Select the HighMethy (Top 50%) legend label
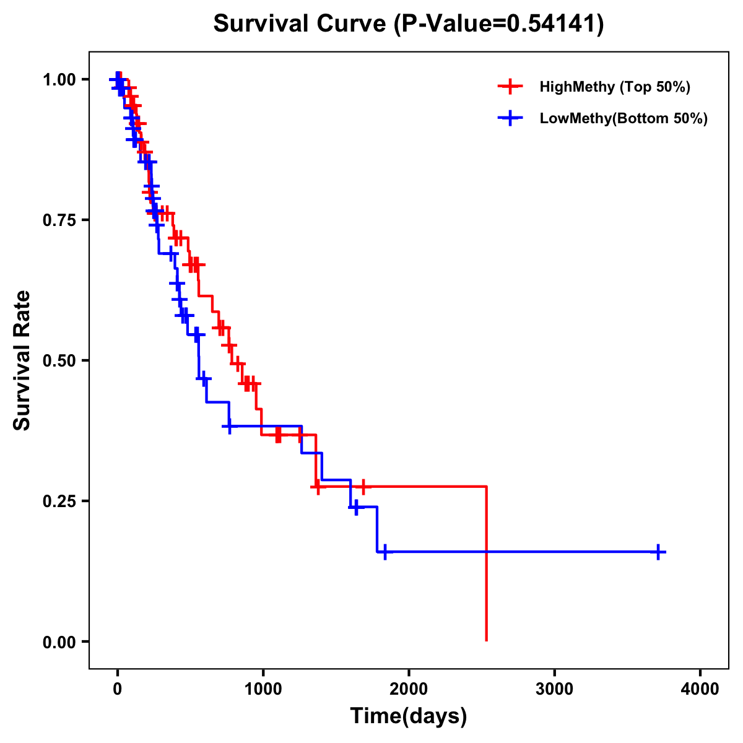(x=614, y=87)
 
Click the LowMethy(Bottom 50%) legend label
(x=624, y=118)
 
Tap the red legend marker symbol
(x=509, y=87)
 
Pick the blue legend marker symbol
(x=509, y=118)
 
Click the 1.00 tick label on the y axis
(x=59, y=80)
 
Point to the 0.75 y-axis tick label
(x=59, y=220)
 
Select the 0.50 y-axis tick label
(x=59, y=361)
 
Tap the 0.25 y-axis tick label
(x=59, y=502)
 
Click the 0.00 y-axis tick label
(x=59, y=642)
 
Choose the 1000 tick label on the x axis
(x=263, y=689)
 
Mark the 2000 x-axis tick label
(x=409, y=689)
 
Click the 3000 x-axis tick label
(x=554, y=689)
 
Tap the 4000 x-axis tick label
(x=700, y=689)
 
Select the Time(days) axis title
(x=409, y=716)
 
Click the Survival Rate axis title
(x=22, y=360)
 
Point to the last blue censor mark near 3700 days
(x=659, y=552)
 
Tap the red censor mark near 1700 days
(x=363, y=487)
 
